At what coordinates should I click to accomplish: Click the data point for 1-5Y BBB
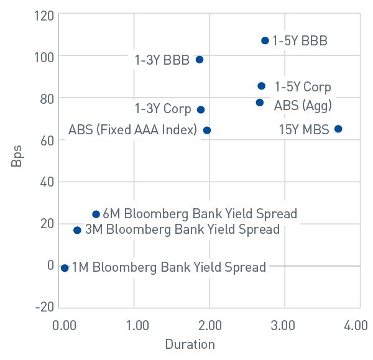pos(265,40)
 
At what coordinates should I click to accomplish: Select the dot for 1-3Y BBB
pos(200,60)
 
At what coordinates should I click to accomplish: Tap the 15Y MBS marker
pos(338,129)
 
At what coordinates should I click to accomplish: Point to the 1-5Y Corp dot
pos(262,86)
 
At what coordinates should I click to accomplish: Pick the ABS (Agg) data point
pos(260,103)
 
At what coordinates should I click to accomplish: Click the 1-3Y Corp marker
pos(201,109)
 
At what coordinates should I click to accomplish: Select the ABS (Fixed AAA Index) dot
pos(207,131)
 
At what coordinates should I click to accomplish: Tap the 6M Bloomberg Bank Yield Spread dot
pos(96,214)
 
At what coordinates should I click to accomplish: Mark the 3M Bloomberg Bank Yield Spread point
pos(77,230)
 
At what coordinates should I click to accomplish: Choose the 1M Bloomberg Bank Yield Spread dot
pos(65,268)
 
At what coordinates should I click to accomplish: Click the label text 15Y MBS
pos(301,130)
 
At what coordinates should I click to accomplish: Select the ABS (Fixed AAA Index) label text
pos(132,131)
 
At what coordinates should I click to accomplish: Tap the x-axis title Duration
pos(190,344)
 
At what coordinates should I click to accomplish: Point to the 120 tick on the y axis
pos(44,14)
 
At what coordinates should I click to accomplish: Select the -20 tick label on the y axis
pos(43,307)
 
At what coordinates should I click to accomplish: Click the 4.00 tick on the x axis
pos(356,325)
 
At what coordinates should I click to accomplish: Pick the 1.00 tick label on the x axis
pos(136,325)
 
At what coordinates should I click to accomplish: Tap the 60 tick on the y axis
pos(46,140)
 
